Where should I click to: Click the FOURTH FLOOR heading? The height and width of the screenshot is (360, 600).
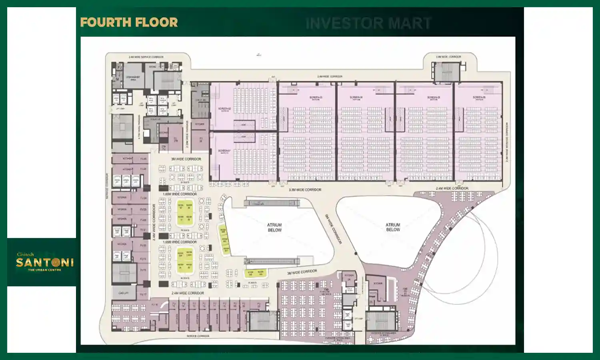(129, 22)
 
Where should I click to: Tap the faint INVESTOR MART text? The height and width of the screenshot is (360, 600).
(368, 23)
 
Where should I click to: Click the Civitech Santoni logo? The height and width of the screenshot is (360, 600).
(44, 262)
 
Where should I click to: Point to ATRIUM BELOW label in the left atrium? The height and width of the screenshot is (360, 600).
(274, 228)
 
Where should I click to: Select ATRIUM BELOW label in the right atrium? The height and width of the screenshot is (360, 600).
(393, 227)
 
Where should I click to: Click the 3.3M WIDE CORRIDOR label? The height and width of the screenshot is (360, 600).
(305, 190)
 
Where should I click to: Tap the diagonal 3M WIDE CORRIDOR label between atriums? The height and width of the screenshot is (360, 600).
(333, 229)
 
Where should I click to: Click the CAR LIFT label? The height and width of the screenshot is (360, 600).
(124, 293)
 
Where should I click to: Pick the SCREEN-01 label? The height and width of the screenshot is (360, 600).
(224, 151)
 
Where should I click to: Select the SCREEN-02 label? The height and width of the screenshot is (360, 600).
(224, 109)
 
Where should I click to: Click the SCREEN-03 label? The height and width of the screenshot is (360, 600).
(316, 98)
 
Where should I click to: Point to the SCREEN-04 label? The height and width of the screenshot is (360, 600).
(356, 98)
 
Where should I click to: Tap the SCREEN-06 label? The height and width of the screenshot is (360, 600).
(479, 98)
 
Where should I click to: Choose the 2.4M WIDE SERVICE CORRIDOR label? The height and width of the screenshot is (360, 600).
(146, 57)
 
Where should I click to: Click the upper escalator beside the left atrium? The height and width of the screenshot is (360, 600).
(272, 203)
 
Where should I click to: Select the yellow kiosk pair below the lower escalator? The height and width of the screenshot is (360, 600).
(256, 273)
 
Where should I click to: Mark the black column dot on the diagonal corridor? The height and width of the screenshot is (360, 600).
(356, 253)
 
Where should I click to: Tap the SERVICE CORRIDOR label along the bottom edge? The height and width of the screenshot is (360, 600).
(198, 336)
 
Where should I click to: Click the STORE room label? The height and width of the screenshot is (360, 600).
(152, 67)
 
